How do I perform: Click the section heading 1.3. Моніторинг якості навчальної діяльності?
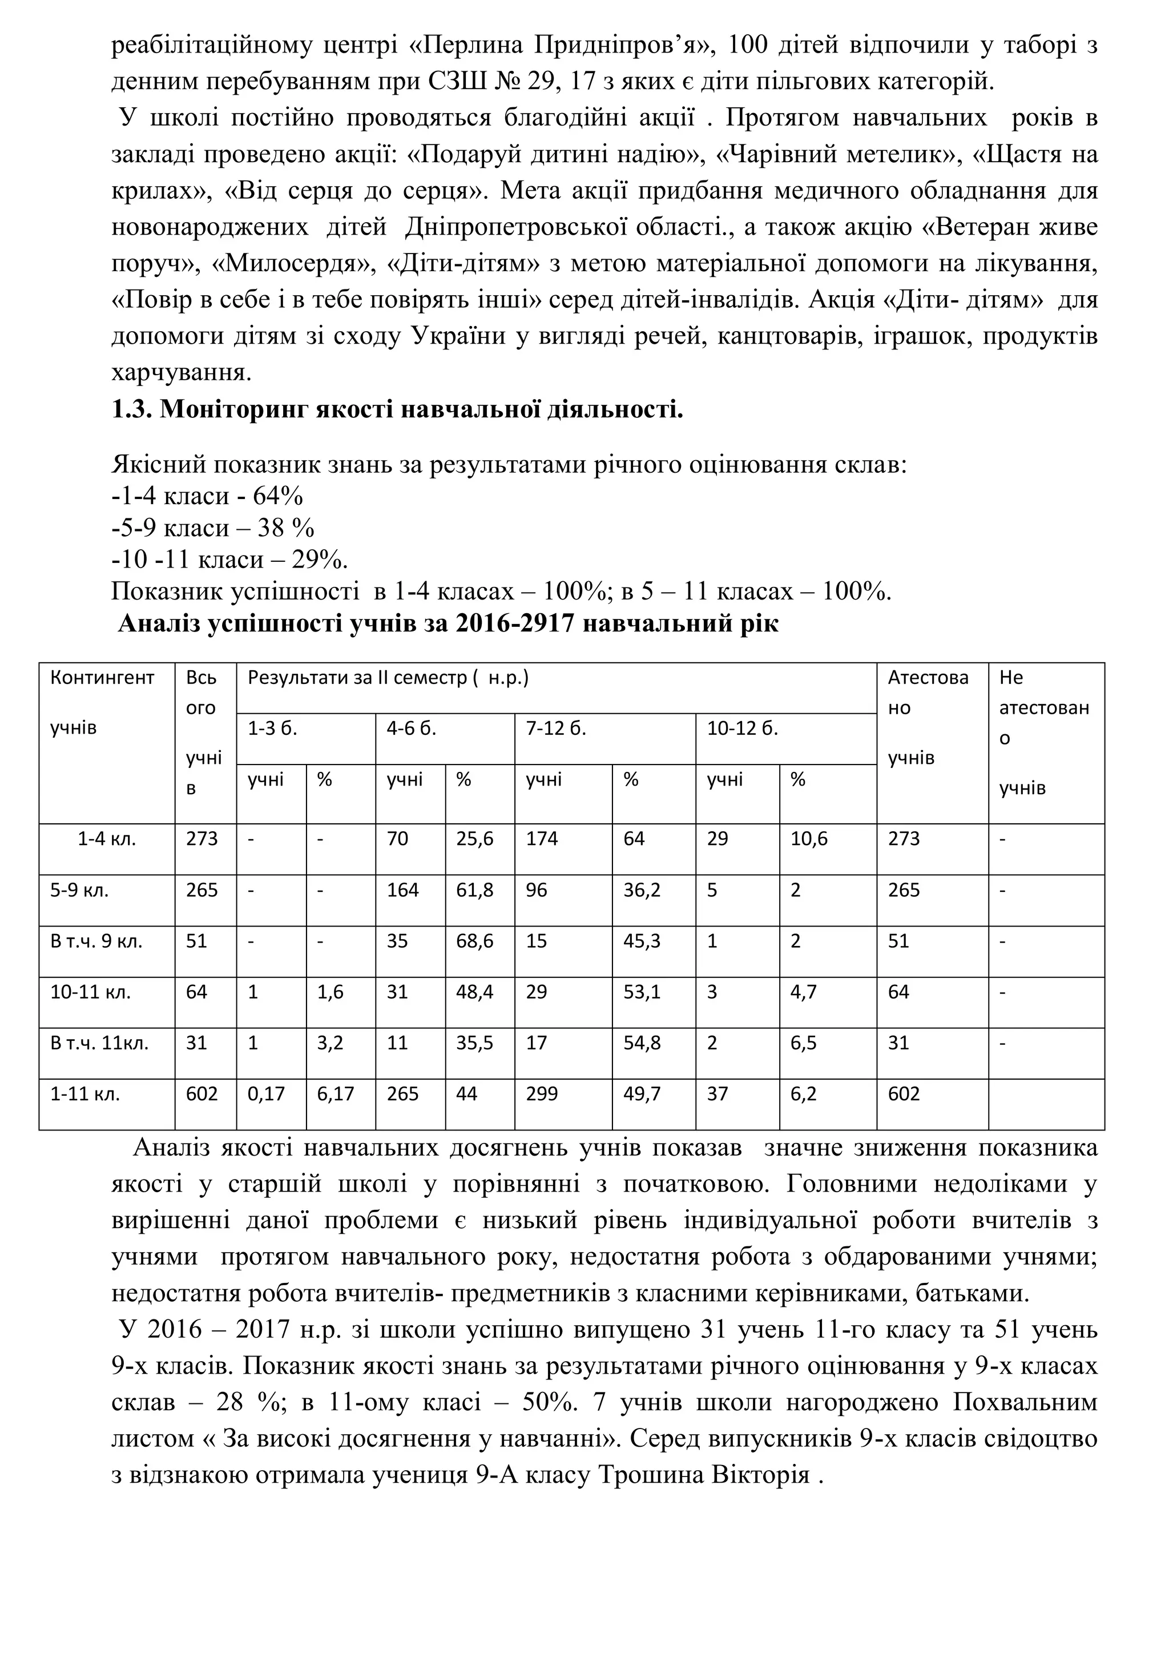click(x=397, y=410)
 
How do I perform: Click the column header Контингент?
click(x=102, y=678)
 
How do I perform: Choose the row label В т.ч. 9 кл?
click(x=96, y=941)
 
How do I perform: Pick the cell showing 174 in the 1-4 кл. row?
click(x=542, y=839)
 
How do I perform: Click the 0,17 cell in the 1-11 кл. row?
click(x=266, y=1094)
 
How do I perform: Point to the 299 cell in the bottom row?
click(x=542, y=1094)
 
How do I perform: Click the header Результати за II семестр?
click(x=388, y=678)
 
